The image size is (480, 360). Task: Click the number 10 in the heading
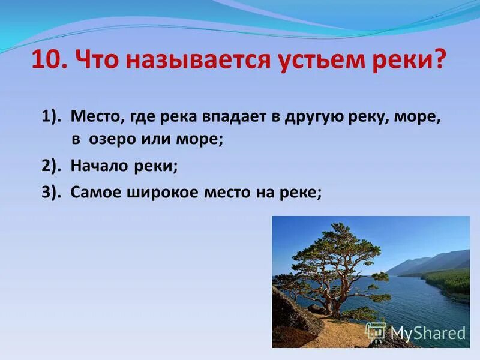[46, 61]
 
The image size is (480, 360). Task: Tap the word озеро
[110, 139]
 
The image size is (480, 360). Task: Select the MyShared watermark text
[427, 333]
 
